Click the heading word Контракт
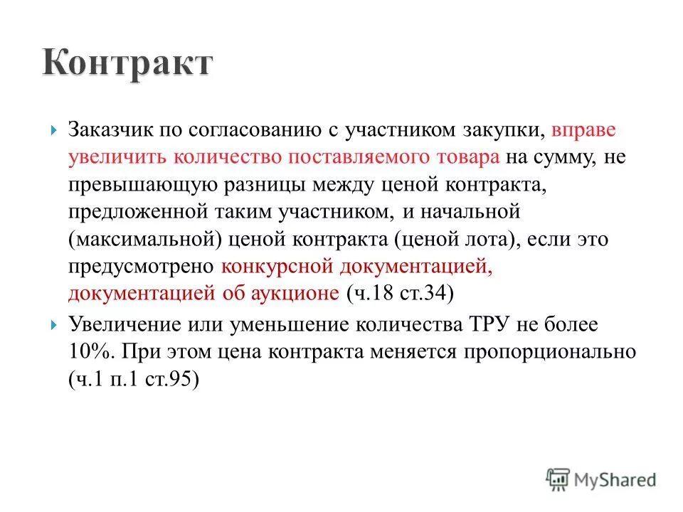coord(127,63)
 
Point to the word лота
coord(485,239)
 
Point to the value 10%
coord(90,352)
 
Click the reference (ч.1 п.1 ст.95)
coord(134,379)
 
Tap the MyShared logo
coord(601,479)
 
